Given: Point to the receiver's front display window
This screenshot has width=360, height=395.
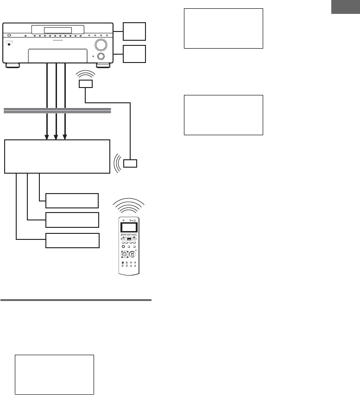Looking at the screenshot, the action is [x=51, y=30].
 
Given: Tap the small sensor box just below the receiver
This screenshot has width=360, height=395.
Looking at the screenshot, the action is [x=85, y=84].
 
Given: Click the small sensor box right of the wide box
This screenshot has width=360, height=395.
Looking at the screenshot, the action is [x=131, y=163].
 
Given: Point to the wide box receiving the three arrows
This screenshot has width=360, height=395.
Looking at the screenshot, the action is [x=57, y=156].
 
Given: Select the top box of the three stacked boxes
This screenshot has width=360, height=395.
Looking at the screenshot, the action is [x=72, y=201].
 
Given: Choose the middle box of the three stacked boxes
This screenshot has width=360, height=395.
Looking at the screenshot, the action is [x=72, y=219].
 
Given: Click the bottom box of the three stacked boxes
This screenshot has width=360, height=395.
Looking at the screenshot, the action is [x=72, y=240].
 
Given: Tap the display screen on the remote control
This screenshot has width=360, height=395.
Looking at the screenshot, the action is [x=129, y=227].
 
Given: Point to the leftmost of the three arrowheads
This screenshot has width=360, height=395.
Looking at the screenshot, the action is [x=46, y=137].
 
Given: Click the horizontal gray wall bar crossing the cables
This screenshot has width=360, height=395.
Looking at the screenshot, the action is [x=57, y=110].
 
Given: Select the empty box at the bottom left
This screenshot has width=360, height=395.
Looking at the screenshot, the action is [x=55, y=375].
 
